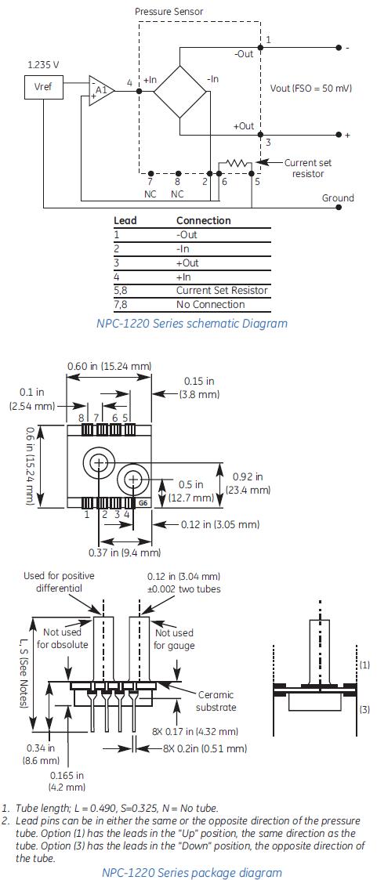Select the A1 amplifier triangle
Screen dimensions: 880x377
tap(100, 91)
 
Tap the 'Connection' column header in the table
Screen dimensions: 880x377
tap(203, 221)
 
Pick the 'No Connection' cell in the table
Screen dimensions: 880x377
tap(210, 304)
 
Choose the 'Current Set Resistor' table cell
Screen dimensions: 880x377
tap(221, 290)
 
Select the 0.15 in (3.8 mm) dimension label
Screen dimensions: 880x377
tap(199, 387)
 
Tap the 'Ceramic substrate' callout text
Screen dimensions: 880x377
tap(216, 701)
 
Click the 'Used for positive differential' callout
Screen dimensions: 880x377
tap(59, 581)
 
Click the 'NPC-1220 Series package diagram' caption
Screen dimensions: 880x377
tap(192, 871)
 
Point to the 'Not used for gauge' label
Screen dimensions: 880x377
tap(174, 639)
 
